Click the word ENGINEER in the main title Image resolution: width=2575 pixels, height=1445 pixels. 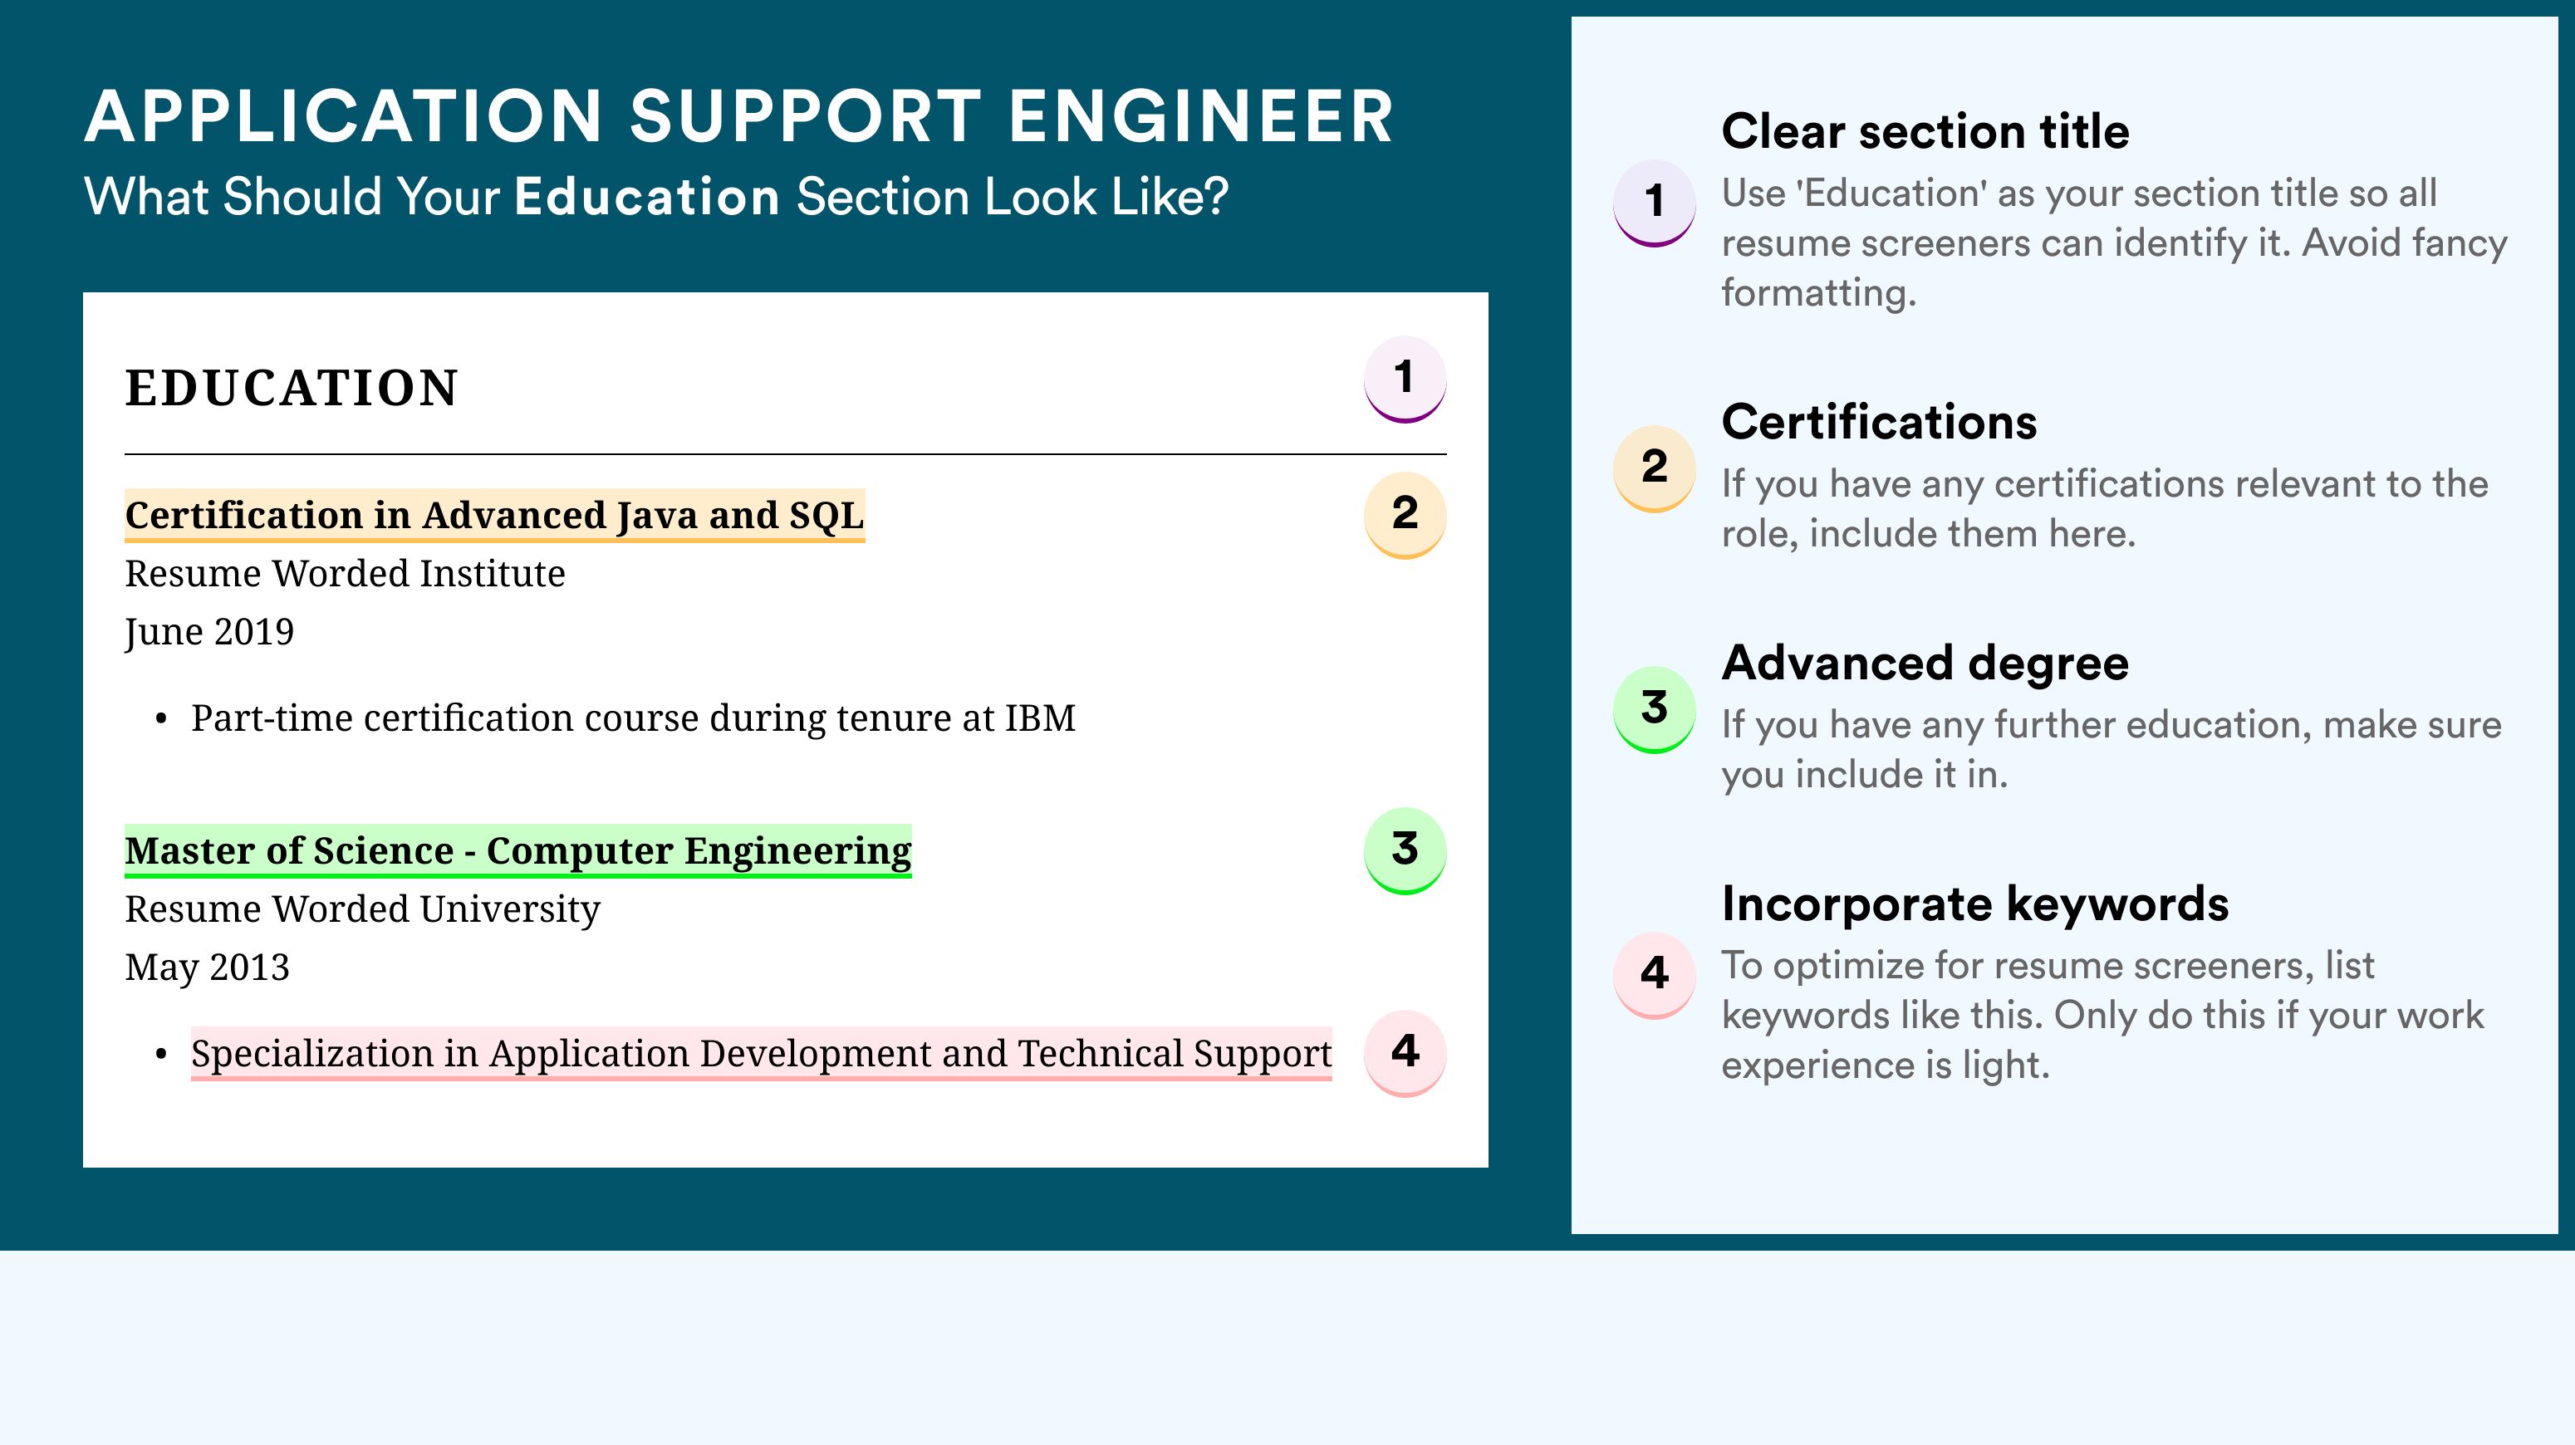[x=1200, y=116]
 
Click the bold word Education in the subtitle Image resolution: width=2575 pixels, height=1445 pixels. [x=647, y=196]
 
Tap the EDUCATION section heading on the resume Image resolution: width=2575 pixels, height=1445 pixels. [x=291, y=388]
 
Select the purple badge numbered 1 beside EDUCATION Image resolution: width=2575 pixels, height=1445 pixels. [x=1405, y=379]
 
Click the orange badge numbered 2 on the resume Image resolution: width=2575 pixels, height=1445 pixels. [x=1405, y=515]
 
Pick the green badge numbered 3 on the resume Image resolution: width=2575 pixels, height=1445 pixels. [x=1405, y=850]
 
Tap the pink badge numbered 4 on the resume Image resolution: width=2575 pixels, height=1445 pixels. [x=1405, y=1053]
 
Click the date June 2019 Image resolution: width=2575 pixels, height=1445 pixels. [x=210, y=633]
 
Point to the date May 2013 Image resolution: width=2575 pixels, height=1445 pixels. [x=207, y=967]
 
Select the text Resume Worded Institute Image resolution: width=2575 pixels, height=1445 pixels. [x=345, y=574]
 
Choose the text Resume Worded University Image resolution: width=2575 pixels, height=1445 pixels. [x=363, y=909]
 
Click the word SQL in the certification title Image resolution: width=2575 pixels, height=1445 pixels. [x=826, y=516]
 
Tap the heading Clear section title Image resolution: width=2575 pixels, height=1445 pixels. [x=1925, y=131]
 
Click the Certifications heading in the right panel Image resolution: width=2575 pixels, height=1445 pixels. [x=1879, y=422]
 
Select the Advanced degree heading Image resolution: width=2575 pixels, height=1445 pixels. [x=1925, y=664]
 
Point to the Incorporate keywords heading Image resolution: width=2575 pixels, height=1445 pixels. [x=1975, y=904]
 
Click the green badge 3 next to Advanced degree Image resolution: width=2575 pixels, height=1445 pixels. [x=1655, y=709]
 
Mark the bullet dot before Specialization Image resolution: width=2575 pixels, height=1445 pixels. [x=161, y=1056]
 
